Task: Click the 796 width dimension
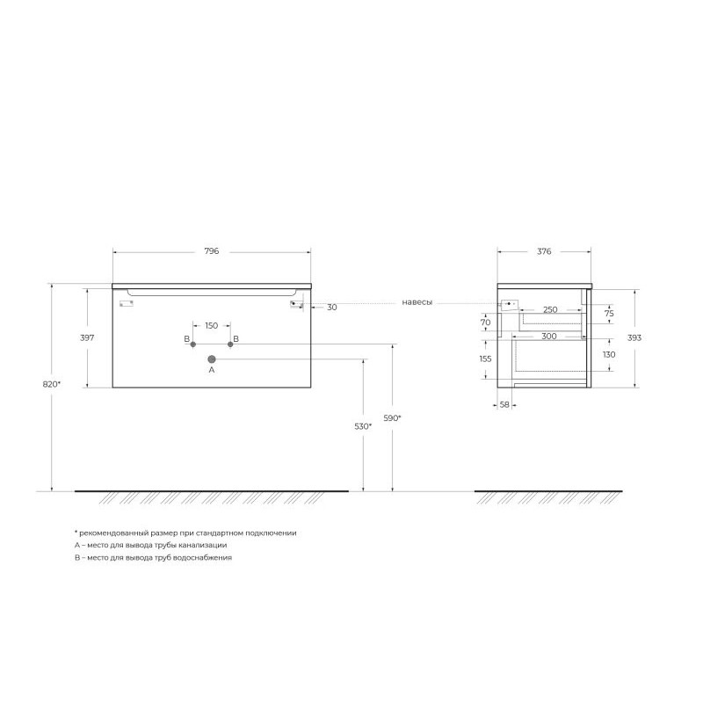[x=212, y=251]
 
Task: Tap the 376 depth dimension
[x=544, y=251]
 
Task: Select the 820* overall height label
[x=52, y=384]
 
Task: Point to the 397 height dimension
[x=87, y=337]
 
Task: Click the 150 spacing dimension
[x=212, y=326]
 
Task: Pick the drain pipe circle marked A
[x=212, y=359]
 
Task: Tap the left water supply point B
[x=193, y=344]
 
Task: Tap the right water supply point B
[x=230, y=344]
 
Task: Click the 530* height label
[x=363, y=426]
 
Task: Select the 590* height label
[x=392, y=418]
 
